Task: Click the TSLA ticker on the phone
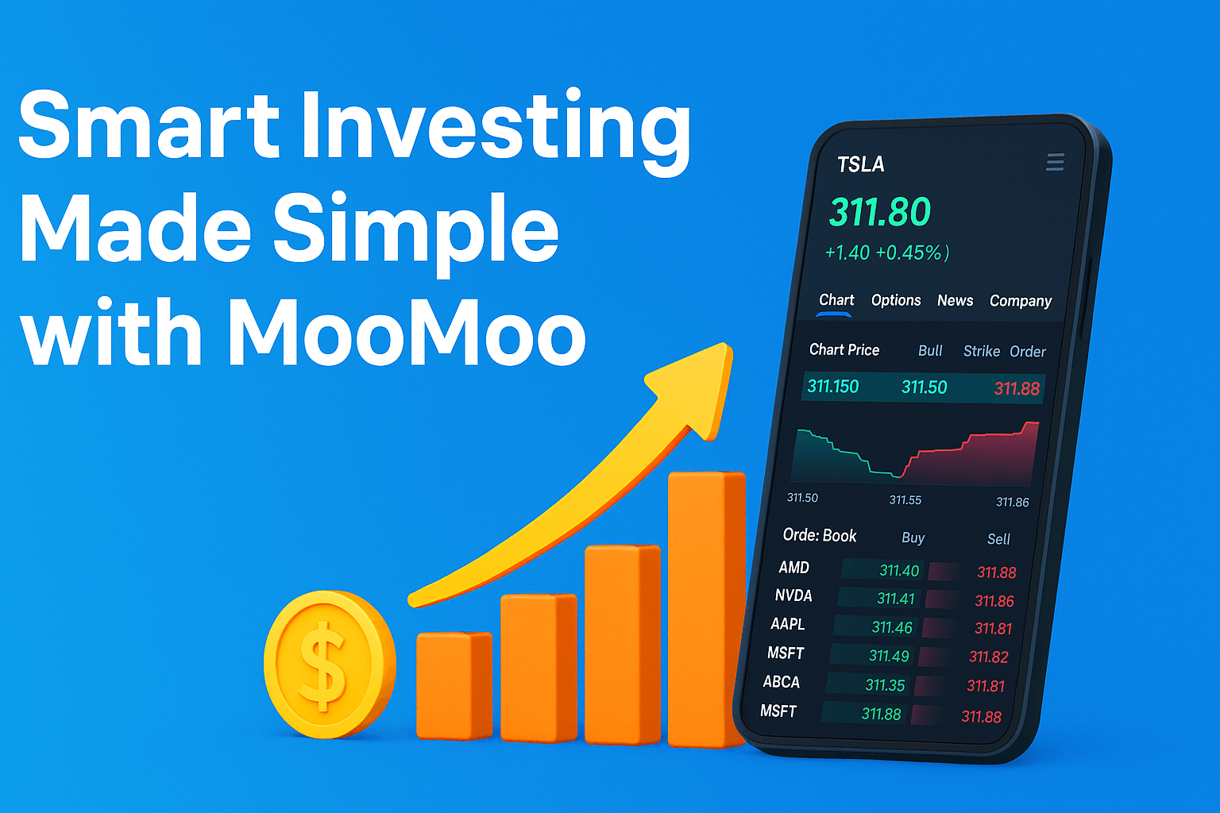(x=860, y=164)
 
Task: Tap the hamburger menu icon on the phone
(x=1055, y=163)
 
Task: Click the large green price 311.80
(x=879, y=212)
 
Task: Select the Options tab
(x=896, y=300)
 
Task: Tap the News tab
(x=955, y=300)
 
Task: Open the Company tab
(x=1020, y=301)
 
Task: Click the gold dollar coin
(x=329, y=664)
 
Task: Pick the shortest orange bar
(x=454, y=685)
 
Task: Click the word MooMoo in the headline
(x=407, y=333)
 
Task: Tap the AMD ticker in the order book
(x=793, y=568)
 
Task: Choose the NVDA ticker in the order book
(x=793, y=595)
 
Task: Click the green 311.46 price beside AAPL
(x=892, y=627)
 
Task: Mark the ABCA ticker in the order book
(x=781, y=682)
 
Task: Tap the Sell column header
(x=998, y=539)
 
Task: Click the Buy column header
(x=913, y=538)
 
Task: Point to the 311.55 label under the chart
(x=905, y=500)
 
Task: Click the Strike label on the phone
(x=981, y=351)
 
